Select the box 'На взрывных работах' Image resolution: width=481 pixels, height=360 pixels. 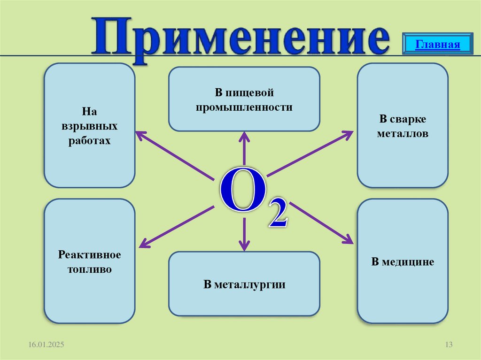pyautogui.click(x=89, y=126)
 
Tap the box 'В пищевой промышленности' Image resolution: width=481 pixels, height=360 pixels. pyautogui.click(x=244, y=99)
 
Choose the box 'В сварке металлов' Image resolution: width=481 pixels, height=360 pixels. pyautogui.click(x=402, y=126)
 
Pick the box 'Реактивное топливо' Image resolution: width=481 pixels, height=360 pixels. pyautogui.click(x=89, y=261)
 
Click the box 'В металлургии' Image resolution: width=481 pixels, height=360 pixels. pyautogui.click(x=244, y=283)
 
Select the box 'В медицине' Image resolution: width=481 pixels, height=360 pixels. pyautogui.click(x=402, y=261)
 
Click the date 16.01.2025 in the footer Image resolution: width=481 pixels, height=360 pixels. pyautogui.click(x=46, y=345)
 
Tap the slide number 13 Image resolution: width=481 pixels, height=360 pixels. pyautogui.click(x=448, y=345)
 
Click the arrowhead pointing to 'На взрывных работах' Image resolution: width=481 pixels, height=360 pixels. pyautogui.click(x=140, y=134)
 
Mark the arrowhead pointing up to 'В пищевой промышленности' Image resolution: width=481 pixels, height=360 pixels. pyautogui.click(x=244, y=136)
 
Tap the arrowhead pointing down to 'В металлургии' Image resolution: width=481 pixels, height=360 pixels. pyautogui.click(x=244, y=246)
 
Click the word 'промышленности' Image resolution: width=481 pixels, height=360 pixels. pyautogui.click(x=244, y=107)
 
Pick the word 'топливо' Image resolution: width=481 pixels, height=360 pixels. pyautogui.click(x=89, y=270)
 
